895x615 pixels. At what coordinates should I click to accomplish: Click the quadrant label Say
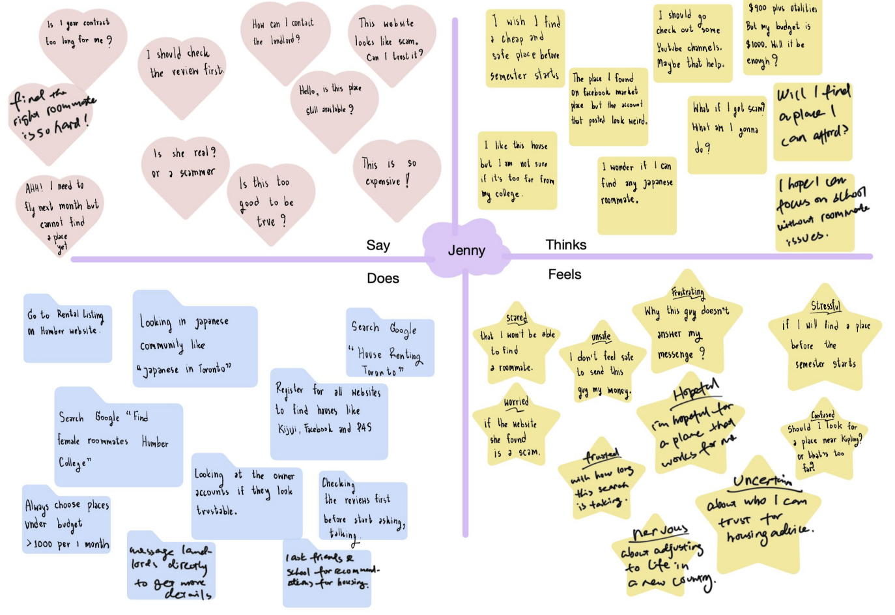pyautogui.click(x=378, y=245)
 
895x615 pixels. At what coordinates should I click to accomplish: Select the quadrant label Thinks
pyautogui.click(x=565, y=244)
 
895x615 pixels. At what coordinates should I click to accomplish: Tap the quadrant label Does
pyautogui.click(x=382, y=278)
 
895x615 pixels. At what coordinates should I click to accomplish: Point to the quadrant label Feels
pyautogui.click(x=564, y=274)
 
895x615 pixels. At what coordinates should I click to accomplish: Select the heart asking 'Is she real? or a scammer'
pyautogui.click(x=184, y=167)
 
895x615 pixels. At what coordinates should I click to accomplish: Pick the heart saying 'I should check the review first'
pyautogui.click(x=184, y=65)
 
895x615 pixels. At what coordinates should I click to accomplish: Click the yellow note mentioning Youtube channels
pyautogui.click(x=689, y=42)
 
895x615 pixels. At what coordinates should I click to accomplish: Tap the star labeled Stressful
pyautogui.click(x=825, y=339)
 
